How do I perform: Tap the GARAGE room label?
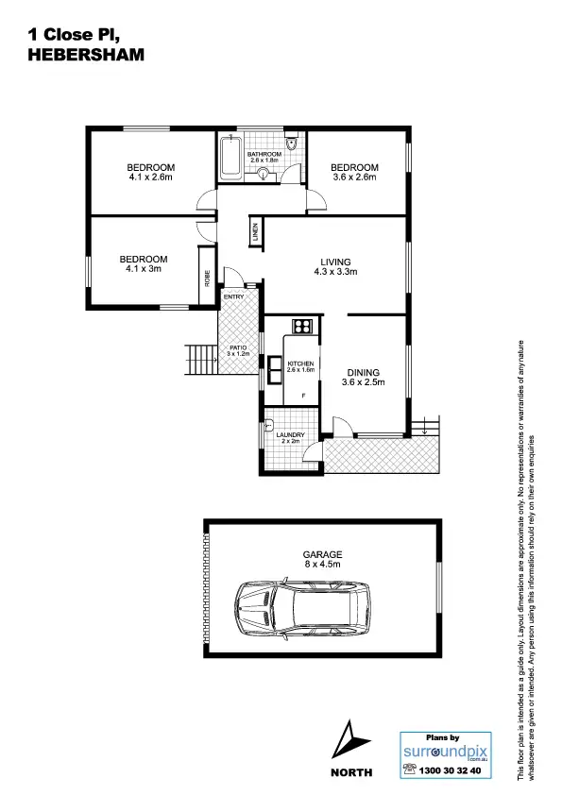321,554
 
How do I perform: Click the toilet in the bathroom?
295,145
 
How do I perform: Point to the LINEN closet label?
255,232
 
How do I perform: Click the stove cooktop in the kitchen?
302,327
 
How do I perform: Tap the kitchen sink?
275,366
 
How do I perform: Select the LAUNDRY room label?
290,435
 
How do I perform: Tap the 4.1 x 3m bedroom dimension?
144,269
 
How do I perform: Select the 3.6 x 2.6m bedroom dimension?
354,177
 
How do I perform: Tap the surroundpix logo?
443,751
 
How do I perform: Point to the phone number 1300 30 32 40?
449,770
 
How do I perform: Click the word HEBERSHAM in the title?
87,55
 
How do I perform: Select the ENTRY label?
233,297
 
